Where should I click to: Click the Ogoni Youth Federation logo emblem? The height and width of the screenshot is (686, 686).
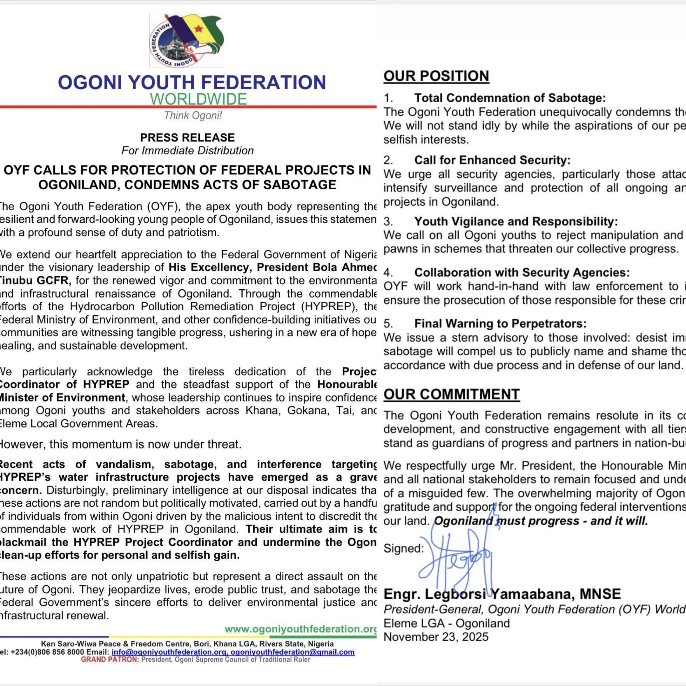(x=186, y=41)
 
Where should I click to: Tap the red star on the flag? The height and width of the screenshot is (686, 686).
(x=198, y=28)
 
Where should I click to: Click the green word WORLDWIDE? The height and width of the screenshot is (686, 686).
(x=198, y=99)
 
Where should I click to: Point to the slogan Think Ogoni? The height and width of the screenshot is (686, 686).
(x=193, y=115)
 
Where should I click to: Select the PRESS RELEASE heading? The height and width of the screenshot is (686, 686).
(x=187, y=138)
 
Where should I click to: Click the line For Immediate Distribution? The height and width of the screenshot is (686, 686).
(x=187, y=151)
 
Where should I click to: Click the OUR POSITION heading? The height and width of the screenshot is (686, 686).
(x=436, y=76)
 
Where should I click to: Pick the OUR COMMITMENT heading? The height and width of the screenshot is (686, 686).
(x=451, y=394)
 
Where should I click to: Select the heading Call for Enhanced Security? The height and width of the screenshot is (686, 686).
(x=492, y=160)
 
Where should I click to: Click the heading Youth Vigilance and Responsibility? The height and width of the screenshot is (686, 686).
(x=516, y=222)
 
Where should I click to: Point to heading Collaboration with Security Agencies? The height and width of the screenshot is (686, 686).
(x=521, y=272)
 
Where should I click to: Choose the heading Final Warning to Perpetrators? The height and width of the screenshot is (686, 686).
(x=500, y=324)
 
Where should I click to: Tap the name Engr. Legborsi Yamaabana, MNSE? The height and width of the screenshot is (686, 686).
(x=502, y=594)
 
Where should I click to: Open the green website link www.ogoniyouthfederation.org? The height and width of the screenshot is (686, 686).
(x=300, y=629)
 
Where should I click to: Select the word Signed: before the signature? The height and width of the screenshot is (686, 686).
(x=403, y=548)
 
